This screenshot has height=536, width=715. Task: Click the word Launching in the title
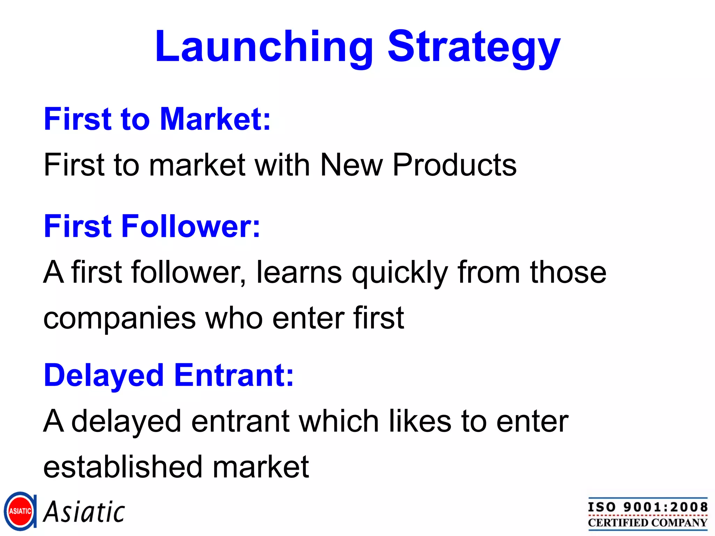[264, 47]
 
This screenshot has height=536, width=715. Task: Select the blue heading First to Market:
[157, 119]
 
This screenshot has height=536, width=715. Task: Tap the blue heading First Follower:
[152, 226]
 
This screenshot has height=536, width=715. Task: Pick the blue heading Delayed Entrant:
[169, 375]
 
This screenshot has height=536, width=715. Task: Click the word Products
[454, 165]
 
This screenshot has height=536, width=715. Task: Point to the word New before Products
[351, 165]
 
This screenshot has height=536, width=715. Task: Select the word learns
[299, 272]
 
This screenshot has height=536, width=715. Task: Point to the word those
[568, 272]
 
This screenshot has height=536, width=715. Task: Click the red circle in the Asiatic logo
[20, 511]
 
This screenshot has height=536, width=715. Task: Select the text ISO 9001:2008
[648, 507]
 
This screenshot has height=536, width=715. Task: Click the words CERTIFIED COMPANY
[648, 523]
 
